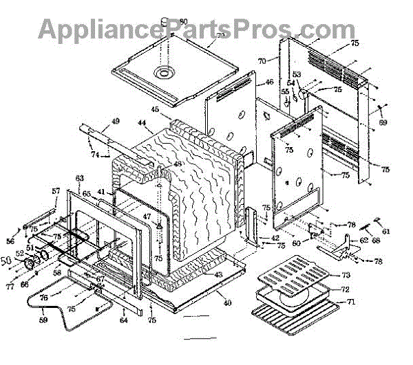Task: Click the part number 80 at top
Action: [183, 21]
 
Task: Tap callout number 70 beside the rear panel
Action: [262, 61]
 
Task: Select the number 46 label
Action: [251, 82]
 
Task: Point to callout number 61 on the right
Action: [385, 231]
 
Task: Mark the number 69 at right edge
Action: [383, 122]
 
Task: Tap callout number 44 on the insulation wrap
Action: [142, 124]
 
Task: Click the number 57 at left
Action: [56, 190]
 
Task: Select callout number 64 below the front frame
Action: [124, 319]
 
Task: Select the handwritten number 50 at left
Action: [7, 261]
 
